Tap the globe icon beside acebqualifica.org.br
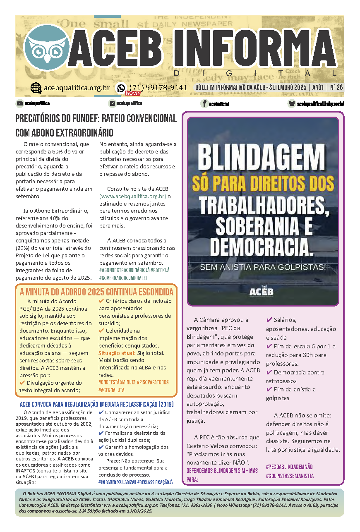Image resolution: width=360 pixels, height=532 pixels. [x=36, y=88]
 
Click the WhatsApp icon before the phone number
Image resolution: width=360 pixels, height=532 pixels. [x=121, y=88]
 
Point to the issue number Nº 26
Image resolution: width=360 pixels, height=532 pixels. [x=336, y=88]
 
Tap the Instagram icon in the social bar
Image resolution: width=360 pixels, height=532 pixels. [x=112, y=103]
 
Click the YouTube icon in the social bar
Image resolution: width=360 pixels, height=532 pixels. [x=19, y=103]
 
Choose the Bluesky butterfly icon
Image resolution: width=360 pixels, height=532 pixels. [x=292, y=104]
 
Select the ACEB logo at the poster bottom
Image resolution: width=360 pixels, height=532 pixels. [x=261, y=291]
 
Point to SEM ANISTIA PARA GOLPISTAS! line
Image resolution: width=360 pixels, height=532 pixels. [x=263, y=267]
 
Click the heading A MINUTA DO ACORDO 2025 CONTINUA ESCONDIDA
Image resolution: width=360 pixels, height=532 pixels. [x=96, y=292]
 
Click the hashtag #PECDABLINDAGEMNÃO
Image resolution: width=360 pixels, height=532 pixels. [x=289, y=467]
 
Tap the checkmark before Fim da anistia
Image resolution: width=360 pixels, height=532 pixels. [x=269, y=389]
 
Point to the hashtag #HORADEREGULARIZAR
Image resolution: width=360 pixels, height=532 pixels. [x=117, y=482]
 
